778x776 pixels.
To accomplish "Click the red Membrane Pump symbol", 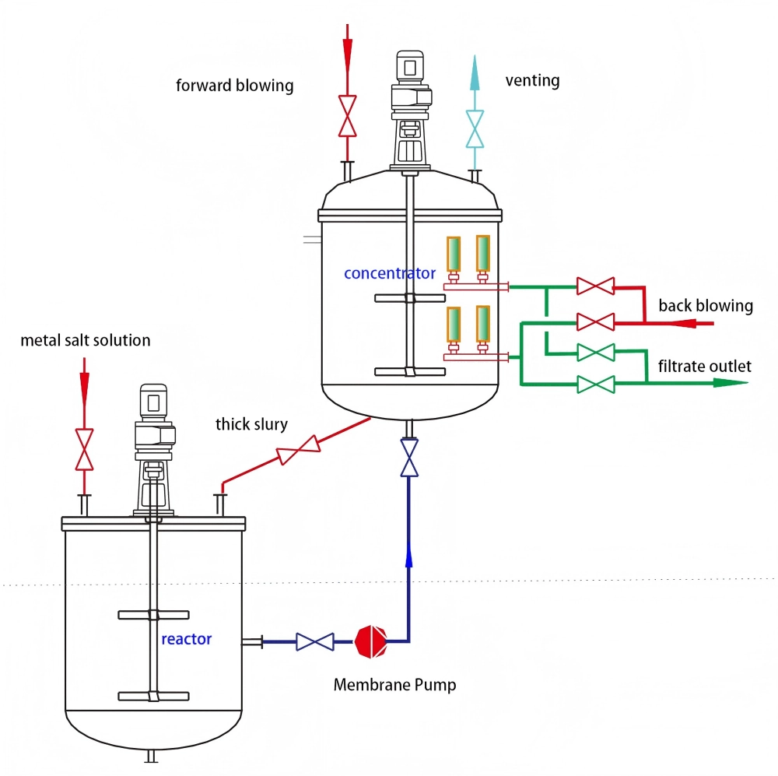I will pyautogui.click(x=371, y=641).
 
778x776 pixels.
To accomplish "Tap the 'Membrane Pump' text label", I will pyautogui.click(x=394, y=685).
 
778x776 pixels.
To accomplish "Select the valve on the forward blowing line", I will pyautogui.click(x=347, y=107).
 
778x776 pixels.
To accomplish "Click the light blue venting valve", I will pyautogui.click(x=475, y=128).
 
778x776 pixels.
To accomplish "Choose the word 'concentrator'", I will pyautogui.click(x=390, y=273).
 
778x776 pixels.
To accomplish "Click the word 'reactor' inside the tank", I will pyautogui.click(x=186, y=639).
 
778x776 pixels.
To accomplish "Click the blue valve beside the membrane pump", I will pyautogui.click(x=316, y=641).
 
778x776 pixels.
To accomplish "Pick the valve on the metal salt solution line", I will pyautogui.click(x=84, y=449).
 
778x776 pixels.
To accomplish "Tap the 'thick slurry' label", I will pyautogui.click(x=251, y=424).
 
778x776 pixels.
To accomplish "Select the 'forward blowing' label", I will pyautogui.click(x=234, y=85).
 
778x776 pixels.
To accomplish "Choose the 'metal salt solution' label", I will pyautogui.click(x=86, y=340).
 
